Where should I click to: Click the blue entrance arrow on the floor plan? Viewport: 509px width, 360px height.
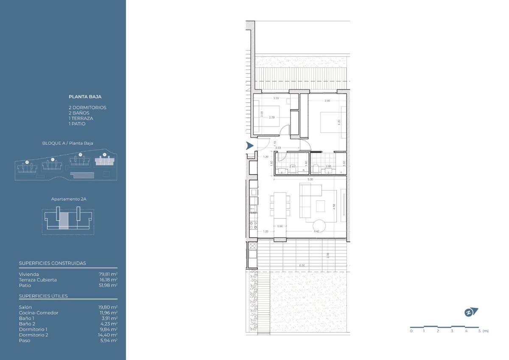(250, 146)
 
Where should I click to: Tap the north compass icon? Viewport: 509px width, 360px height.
(471, 312)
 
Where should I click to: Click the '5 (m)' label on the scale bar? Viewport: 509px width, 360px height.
(483, 331)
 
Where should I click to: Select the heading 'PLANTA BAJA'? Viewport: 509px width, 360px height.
(85, 97)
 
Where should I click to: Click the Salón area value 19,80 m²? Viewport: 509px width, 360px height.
(108, 307)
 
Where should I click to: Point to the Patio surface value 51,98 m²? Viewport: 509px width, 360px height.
(108, 285)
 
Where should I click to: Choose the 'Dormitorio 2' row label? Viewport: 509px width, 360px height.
(34, 335)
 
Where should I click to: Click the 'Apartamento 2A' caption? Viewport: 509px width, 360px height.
(66, 199)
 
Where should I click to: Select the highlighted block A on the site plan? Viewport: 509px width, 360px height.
(104, 161)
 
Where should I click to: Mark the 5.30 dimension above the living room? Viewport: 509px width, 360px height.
(310, 179)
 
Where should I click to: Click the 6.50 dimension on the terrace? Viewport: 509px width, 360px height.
(302, 265)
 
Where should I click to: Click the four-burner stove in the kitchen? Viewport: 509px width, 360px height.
(253, 225)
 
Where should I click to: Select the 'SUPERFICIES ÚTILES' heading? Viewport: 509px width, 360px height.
(43, 296)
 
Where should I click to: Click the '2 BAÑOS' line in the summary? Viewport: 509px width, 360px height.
(79, 113)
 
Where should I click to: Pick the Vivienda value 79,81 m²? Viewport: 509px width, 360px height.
(108, 274)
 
